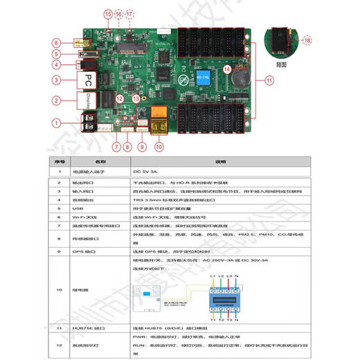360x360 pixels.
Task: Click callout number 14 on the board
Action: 227,69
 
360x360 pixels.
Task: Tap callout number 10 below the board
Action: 159,147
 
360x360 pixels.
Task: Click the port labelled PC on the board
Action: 89,80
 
